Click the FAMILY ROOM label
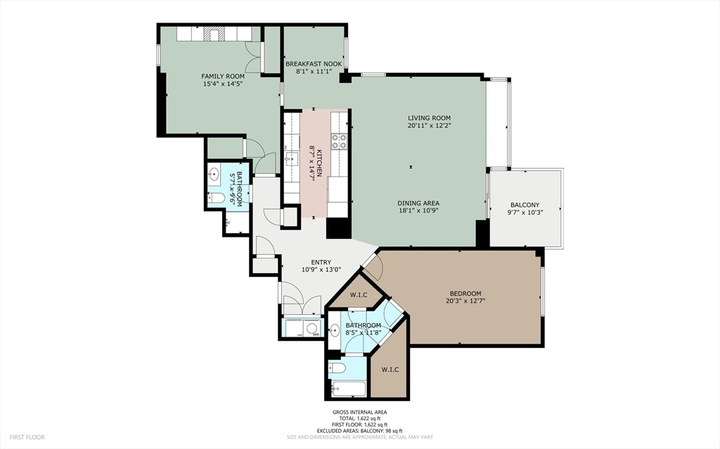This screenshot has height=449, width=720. point(223,76)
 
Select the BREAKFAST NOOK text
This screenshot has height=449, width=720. point(314,64)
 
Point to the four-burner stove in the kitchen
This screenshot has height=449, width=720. point(340,141)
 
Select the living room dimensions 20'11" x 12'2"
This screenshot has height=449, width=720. point(429,126)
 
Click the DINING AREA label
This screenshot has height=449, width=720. point(419,203)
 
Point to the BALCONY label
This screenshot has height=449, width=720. point(525,206)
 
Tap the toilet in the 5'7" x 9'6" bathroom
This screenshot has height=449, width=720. point(217,199)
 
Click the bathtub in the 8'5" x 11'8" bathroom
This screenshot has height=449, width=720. point(346,389)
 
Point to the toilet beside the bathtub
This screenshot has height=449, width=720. point(337,367)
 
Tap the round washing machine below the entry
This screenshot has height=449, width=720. point(312,327)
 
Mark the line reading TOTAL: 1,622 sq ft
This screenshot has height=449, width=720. point(359,418)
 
